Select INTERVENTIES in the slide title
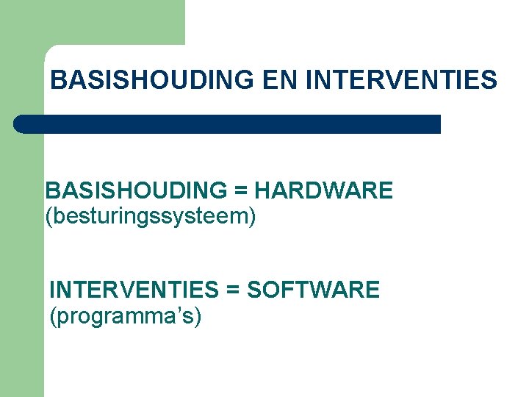400,80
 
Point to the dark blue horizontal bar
228,124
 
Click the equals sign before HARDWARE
240,192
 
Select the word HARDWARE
323,191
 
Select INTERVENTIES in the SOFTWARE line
134,290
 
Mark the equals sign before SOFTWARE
234,290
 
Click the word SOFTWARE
313,290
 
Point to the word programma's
125,317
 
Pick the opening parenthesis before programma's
52,317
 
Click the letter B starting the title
57,80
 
